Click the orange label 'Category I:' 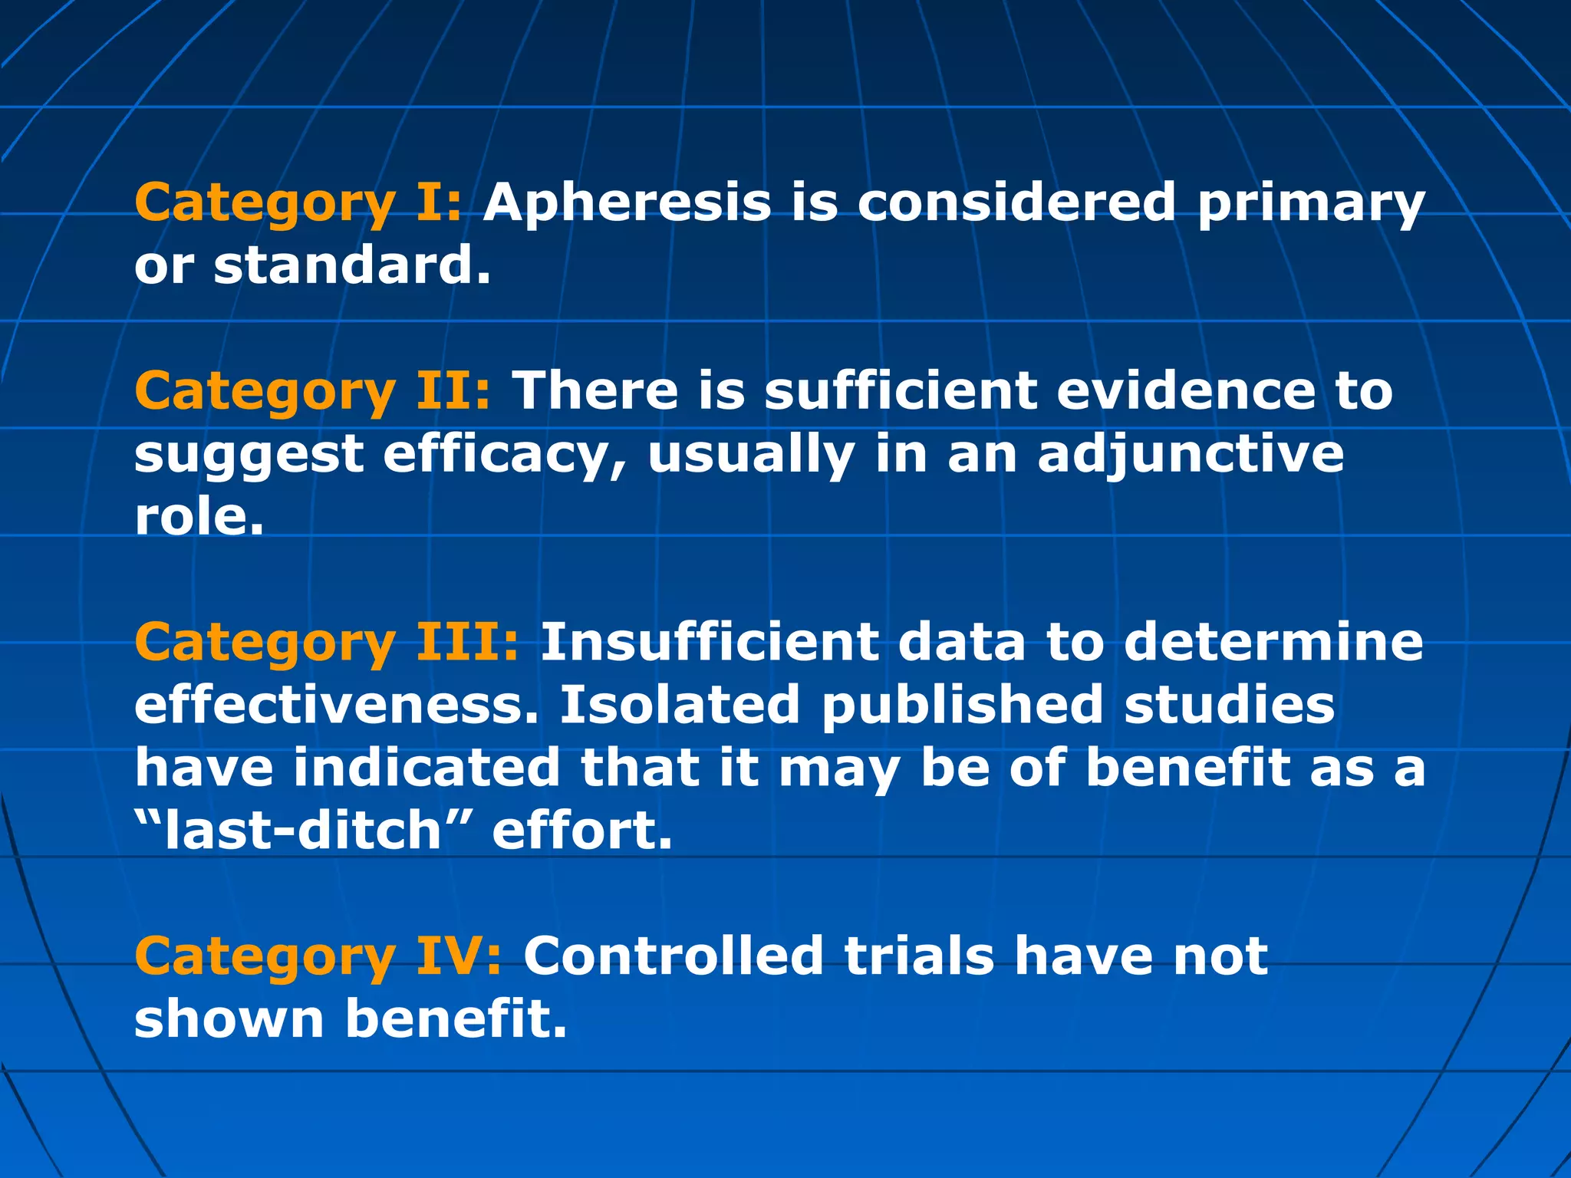(298, 204)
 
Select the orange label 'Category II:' (312, 392)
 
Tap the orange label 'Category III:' (327, 643)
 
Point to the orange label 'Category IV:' (318, 957)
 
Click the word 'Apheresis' (627, 202)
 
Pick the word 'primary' (1310, 204)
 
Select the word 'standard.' (351, 265)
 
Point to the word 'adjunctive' (1191, 455)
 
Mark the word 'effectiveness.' (337, 705)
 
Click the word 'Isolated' (680, 705)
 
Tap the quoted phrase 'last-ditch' (304, 831)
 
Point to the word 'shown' (229, 1019)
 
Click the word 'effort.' (581, 831)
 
